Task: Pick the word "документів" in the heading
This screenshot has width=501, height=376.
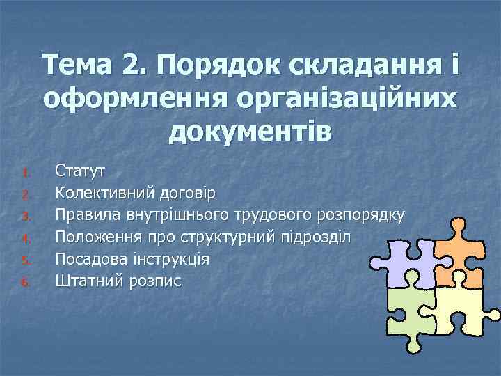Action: coord(250,130)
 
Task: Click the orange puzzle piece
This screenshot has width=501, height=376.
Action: coord(460,251)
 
